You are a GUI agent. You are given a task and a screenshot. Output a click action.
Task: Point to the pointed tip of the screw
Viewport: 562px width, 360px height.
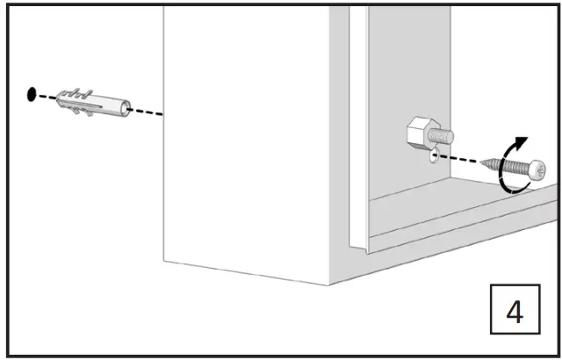pos(485,163)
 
